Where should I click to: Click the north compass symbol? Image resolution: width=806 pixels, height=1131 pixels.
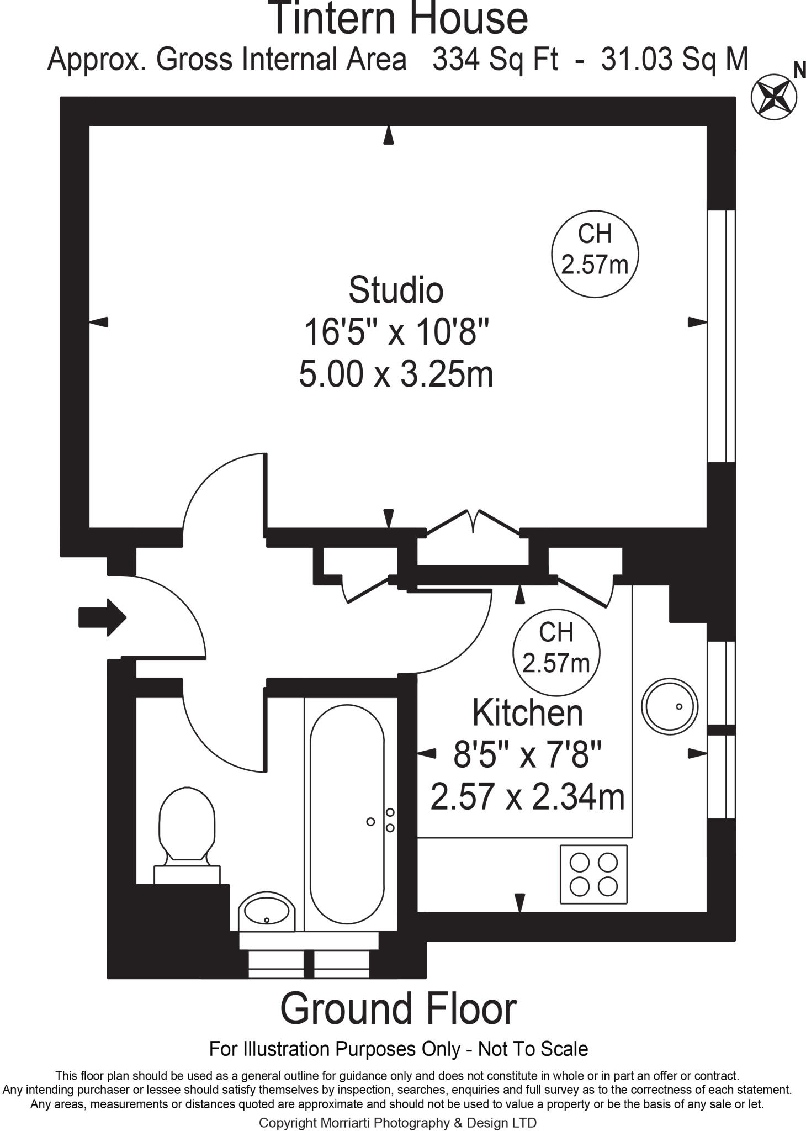773,96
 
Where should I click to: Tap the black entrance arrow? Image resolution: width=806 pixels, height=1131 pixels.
103,617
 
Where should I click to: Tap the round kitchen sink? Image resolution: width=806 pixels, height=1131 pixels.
669,706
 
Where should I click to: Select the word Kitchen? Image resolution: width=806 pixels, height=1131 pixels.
527,713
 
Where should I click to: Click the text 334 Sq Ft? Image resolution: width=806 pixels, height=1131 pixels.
495,59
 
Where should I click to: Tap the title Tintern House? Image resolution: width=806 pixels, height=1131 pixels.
398,18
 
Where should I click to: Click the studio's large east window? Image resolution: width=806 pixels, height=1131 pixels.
721,335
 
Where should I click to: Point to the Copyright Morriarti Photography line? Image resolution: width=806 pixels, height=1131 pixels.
397,1122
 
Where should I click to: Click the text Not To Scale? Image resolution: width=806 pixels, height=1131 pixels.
533,1049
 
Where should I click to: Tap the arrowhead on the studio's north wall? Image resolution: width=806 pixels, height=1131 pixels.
389,135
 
